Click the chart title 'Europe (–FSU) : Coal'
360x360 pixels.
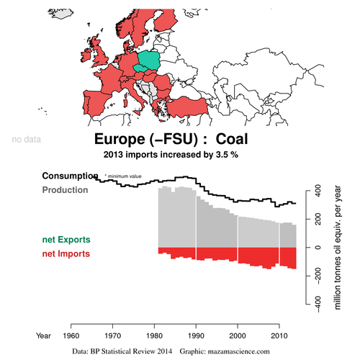click(171, 139)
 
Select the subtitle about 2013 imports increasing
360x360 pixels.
click(171, 155)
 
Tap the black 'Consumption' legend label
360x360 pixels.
click(70, 176)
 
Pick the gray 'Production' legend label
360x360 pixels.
click(65, 190)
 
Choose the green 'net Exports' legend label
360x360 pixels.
click(66, 240)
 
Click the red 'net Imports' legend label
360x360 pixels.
click(66, 253)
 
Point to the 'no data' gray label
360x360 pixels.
click(27, 140)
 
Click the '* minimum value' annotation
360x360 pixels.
click(123, 176)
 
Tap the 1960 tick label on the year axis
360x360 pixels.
click(71, 336)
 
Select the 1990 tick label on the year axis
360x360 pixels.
click(196, 336)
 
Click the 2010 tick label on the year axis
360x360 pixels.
click(279, 336)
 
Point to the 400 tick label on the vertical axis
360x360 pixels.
click(318, 191)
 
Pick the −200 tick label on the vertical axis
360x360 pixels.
click(318, 276)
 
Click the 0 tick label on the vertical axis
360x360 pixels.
click(318, 248)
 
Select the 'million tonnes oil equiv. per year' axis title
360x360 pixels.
click(337, 248)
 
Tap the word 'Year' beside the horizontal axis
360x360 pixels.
click(43, 336)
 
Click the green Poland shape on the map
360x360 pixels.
click(149, 60)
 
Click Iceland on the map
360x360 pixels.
click(60, 14)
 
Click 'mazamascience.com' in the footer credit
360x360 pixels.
click(238, 351)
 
